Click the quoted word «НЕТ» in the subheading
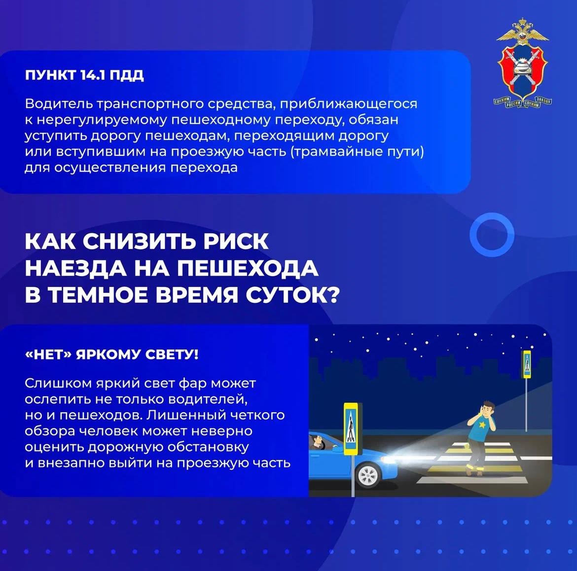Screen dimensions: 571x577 click(x=48, y=355)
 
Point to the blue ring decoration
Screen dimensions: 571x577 click(x=492, y=235)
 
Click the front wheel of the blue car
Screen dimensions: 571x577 click(x=368, y=475)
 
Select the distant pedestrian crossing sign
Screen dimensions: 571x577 click(x=527, y=364)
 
